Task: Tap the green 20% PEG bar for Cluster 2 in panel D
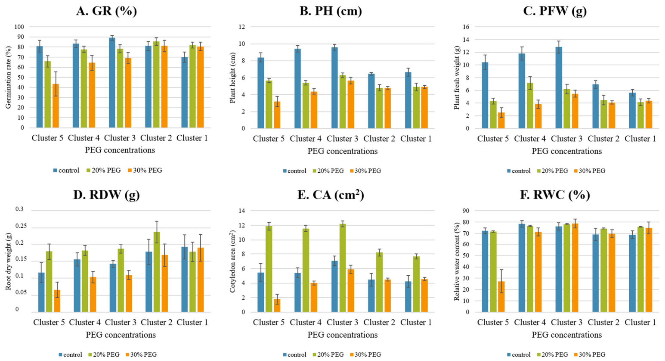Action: click(x=156, y=272)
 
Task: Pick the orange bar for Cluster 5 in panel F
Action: click(x=501, y=296)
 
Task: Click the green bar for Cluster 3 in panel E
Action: click(x=343, y=268)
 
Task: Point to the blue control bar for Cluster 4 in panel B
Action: click(x=297, y=89)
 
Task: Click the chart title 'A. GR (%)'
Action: click(x=106, y=11)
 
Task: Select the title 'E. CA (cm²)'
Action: click(x=331, y=195)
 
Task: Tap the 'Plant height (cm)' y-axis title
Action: click(x=232, y=78)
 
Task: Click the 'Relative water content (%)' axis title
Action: click(x=457, y=261)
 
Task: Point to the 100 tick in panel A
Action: click(x=19, y=27)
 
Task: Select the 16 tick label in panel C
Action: click(x=466, y=27)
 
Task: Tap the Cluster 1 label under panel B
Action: click(x=416, y=138)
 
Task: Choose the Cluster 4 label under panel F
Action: click(x=530, y=322)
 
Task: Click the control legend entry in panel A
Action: click(x=66, y=170)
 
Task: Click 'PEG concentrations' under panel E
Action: click(x=343, y=335)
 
